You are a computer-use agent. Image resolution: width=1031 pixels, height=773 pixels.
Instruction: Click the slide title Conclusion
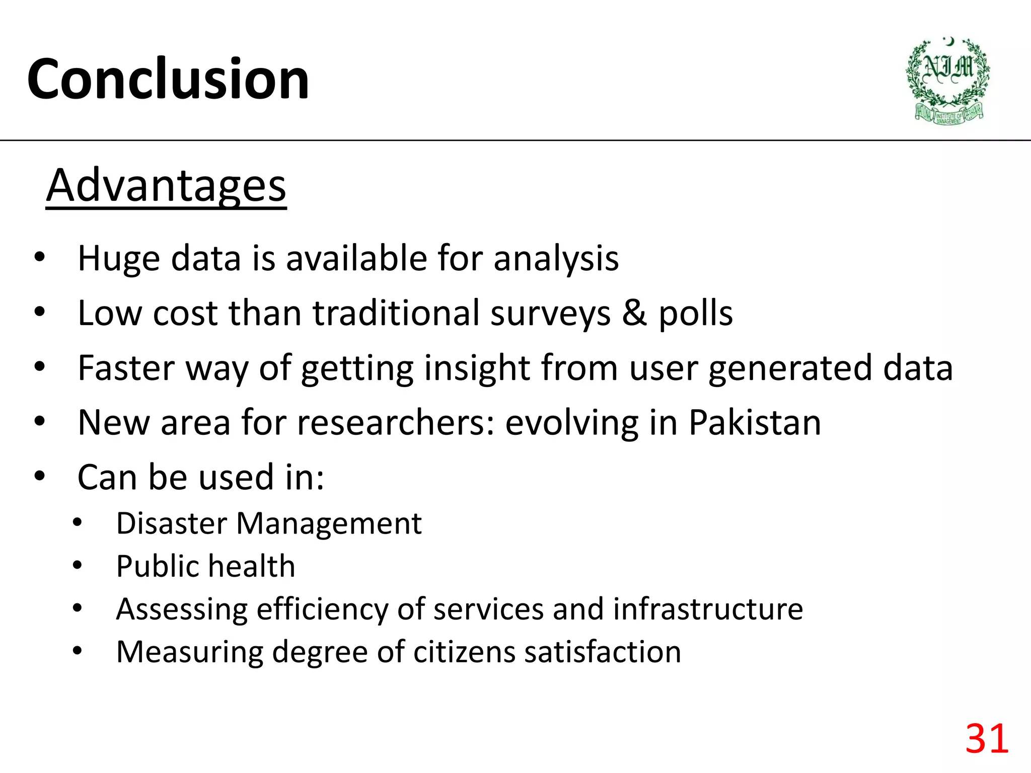[x=168, y=80]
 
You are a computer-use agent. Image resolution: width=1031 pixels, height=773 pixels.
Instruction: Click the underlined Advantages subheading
[x=166, y=186]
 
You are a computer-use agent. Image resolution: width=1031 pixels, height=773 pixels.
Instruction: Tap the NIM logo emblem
[x=947, y=81]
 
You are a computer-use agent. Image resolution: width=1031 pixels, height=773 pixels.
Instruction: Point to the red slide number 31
[x=987, y=738]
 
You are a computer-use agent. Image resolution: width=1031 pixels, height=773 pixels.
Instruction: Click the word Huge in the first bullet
[x=119, y=259]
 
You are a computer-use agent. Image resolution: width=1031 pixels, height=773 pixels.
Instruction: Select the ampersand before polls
[x=634, y=313]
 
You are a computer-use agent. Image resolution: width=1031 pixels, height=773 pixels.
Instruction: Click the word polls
[x=696, y=314]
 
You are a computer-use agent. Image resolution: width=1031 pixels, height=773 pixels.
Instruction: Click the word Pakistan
[x=755, y=422]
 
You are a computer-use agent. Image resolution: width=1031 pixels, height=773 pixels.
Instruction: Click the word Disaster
[x=172, y=523]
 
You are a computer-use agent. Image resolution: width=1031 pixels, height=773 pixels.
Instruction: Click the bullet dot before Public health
[x=77, y=566]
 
